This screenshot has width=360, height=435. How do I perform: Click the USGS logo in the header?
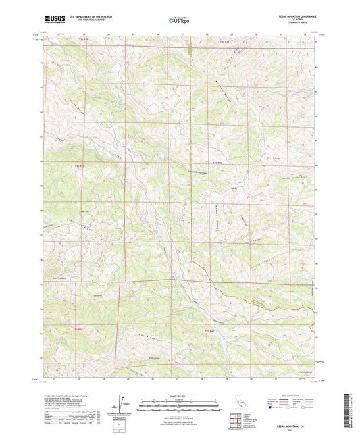[x=52, y=21]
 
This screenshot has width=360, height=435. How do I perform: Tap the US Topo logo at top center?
[x=180, y=21]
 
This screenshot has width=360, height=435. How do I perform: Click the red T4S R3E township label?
[x=80, y=165]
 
